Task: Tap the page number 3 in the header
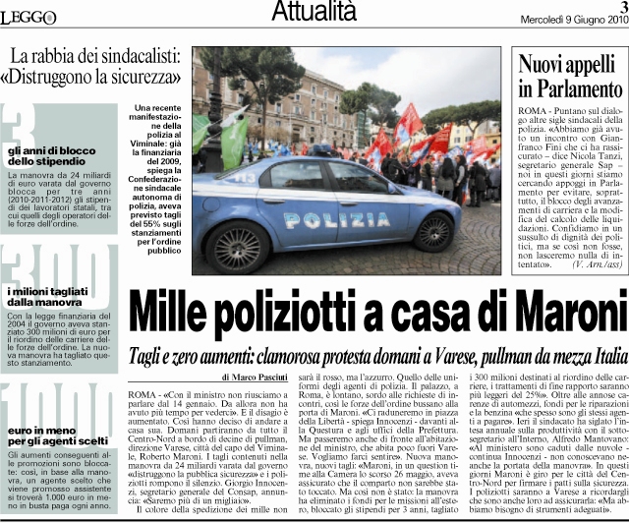click(x=621, y=7)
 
